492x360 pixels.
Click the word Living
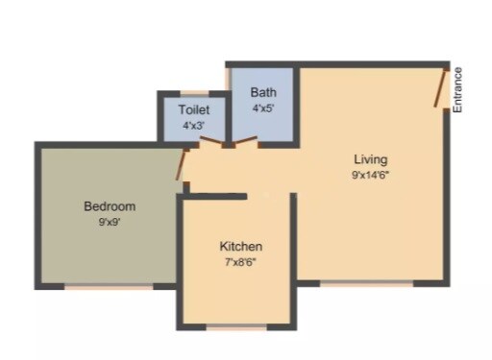(370, 158)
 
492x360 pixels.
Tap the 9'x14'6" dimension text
(370, 175)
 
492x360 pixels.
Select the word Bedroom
(109, 206)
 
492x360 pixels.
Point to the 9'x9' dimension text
(109, 222)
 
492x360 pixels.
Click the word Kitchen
(240, 247)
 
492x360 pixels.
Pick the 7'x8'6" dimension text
(240, 261)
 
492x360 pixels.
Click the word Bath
(263, 93)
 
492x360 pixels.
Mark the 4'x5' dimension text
(263, 108)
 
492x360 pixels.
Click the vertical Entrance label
(458, 89)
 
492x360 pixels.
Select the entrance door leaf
(441, 87)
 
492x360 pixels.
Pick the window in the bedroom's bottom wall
(108, 286)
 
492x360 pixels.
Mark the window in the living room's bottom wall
(366, 283)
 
